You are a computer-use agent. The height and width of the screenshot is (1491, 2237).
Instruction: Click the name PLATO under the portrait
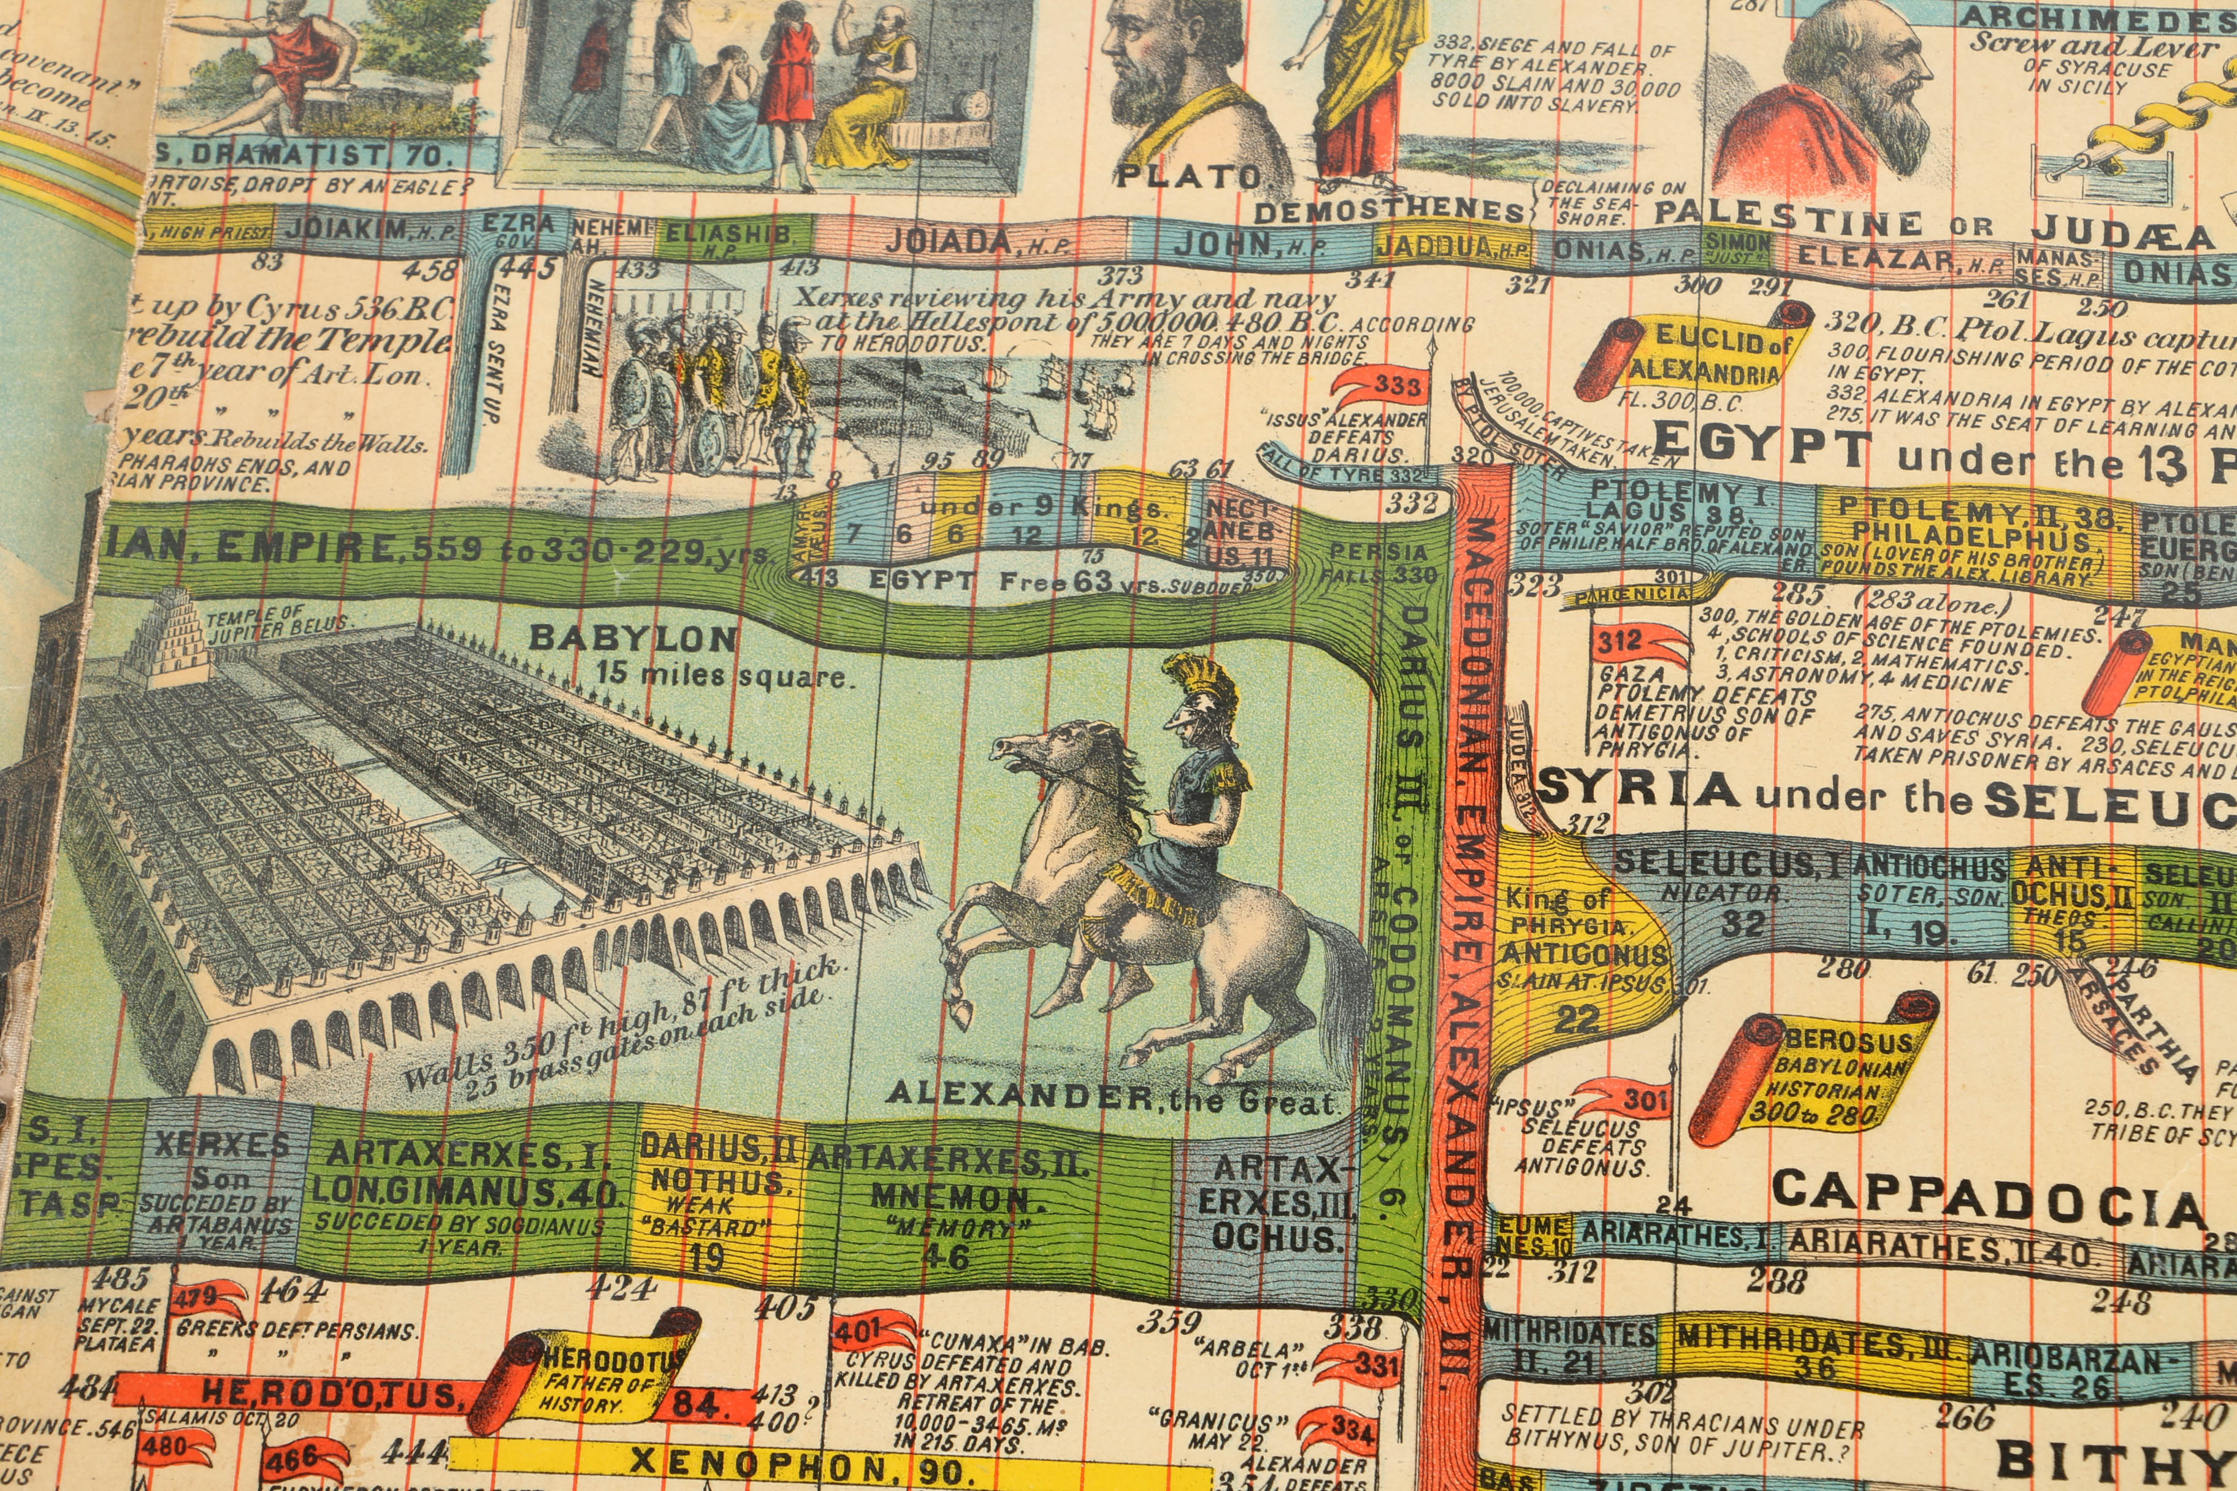pos(1187,177)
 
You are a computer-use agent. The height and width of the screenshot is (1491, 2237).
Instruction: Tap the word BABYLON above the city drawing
pos(632,638)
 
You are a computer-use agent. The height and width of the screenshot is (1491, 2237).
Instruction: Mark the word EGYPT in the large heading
pos(1759,445)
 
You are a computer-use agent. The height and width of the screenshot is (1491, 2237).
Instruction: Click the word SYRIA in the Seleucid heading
pos(1639,789)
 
